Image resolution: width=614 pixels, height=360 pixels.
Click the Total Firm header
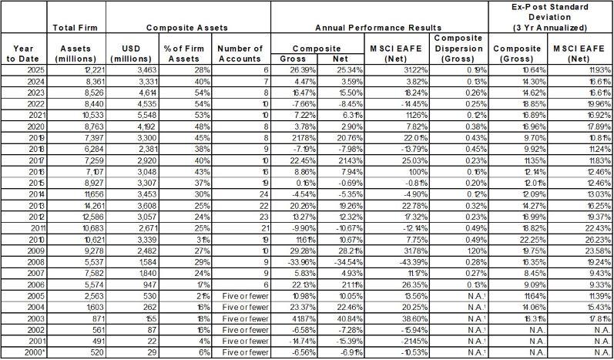75,28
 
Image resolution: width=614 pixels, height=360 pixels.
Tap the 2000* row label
23,352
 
